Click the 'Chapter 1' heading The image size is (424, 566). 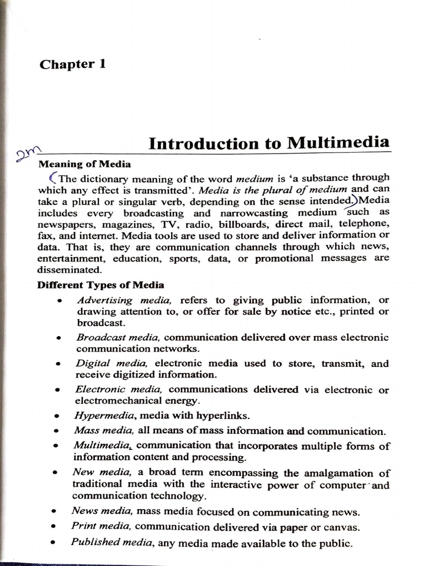pos(72,64)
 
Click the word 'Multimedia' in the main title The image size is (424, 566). pos(338,143)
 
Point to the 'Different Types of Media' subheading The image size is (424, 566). pos(100,285)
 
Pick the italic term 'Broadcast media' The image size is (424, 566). pos(118,337)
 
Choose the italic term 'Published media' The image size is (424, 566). pos(113,542)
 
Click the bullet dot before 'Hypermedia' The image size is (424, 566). pos(57,416)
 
